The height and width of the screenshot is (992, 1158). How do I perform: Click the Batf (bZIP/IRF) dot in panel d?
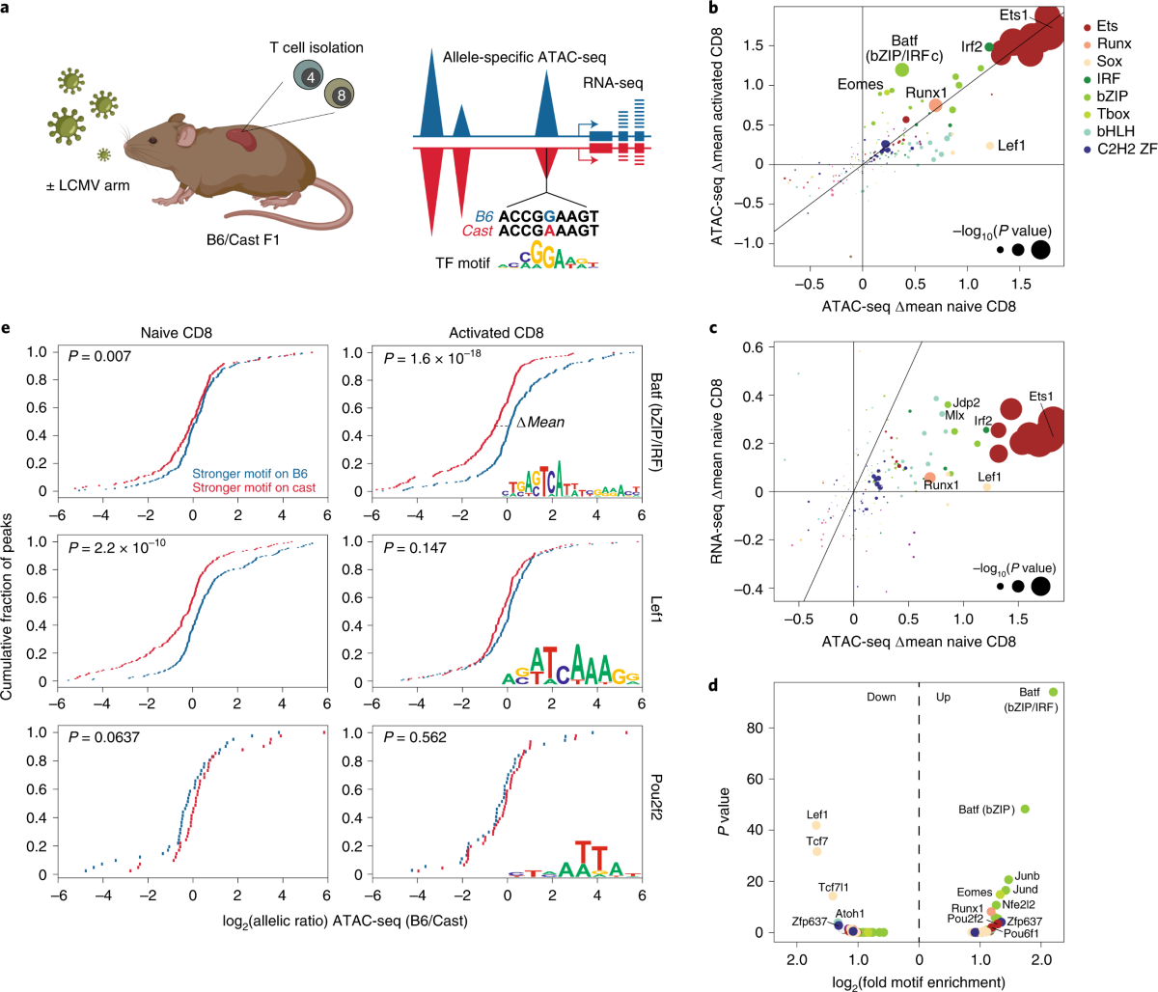1054,692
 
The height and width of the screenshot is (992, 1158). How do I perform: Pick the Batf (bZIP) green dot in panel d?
1025,809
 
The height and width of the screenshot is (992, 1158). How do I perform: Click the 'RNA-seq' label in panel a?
609,84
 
